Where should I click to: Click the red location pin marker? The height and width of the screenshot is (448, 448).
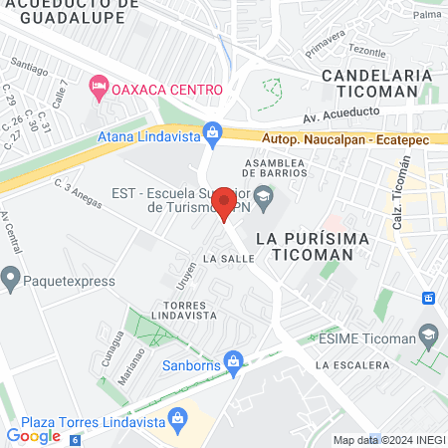224,204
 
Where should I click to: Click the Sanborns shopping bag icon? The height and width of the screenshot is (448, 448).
233,359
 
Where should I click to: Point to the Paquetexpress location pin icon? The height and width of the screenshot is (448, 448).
12,280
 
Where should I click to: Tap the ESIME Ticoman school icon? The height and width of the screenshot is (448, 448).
429,336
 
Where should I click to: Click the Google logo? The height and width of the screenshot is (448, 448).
34,435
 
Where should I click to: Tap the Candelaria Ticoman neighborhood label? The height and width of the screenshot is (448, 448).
376,83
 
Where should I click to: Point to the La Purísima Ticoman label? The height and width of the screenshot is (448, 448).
305,246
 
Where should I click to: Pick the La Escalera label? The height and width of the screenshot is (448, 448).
351,365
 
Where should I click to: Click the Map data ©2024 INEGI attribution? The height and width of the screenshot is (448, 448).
388,440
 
